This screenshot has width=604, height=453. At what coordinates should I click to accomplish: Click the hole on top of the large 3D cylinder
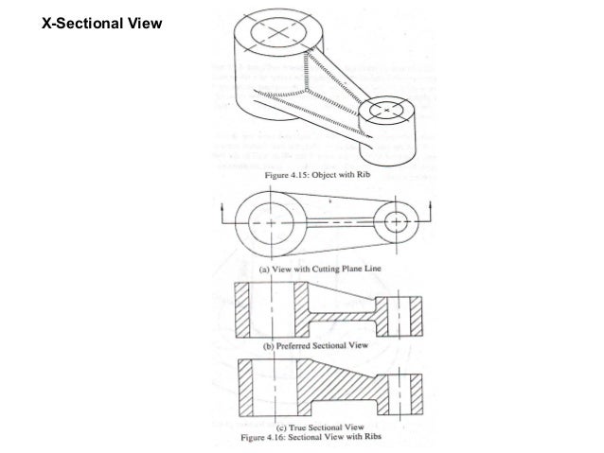[x=275, y=32]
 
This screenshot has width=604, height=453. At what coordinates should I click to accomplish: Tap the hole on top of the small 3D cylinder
[x=391, y=112]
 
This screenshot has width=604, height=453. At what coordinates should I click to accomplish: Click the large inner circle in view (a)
[x=272, y=223]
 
